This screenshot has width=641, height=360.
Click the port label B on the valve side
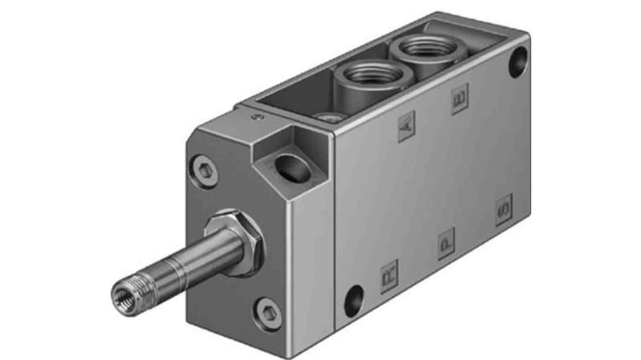(x=460, y=101)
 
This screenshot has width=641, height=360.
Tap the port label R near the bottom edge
(x=389, y=274)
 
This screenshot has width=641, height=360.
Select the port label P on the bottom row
(x=446, y=243)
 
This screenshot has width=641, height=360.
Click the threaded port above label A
(x=371, y=76)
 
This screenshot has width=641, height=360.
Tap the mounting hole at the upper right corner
(x=518, y=58)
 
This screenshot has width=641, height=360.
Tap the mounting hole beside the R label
(x=353, y=301)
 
